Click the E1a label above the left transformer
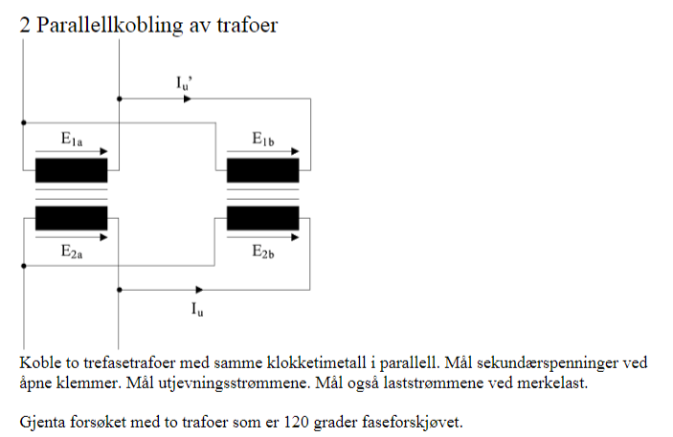click(72, 140)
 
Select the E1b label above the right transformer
click(262, 140)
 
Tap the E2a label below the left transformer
click(72, 251)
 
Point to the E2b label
click(262, 251)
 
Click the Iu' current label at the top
click(184, 83)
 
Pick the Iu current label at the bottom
click(197, 309)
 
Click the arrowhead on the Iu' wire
click(188, 99)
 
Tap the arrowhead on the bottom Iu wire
click(199, 290)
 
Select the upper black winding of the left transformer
click(71, 170)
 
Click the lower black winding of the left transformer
click(71, 218)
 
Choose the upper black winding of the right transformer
click(262, 170)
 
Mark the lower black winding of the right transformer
click(262, 218)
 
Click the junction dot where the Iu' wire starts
click(120, 99)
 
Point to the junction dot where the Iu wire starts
click(120, 290)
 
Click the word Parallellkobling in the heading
click(110, 25)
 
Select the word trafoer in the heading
click(247, 25)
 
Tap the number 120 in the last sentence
click(296, 422)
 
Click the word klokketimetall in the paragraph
click(317, 362)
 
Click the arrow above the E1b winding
click(262, 151)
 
